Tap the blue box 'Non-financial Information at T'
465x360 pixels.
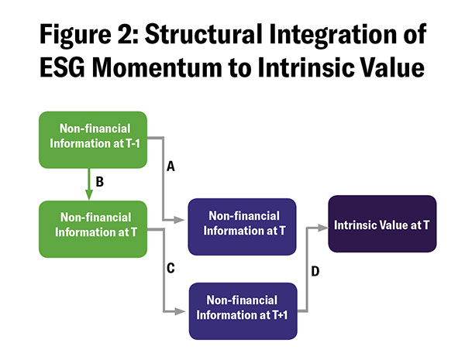[242, 226]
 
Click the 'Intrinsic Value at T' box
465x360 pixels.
[381, 223]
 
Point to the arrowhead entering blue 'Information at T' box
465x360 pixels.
[183, 222]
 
